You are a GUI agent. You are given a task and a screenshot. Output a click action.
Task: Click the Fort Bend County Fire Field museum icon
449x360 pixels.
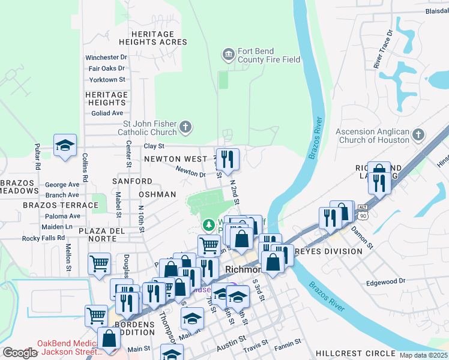pos(228,55)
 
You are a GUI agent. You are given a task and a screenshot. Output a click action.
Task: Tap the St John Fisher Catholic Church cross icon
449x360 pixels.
pos(185,127)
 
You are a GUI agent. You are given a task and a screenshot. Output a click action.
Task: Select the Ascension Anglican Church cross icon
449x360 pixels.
pos(418,136)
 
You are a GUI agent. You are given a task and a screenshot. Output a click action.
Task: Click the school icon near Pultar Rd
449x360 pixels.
pos(65,145)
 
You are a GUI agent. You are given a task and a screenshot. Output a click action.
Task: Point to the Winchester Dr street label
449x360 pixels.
pos(106,58)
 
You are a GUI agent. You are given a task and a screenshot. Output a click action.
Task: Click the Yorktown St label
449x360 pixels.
pos(107,79)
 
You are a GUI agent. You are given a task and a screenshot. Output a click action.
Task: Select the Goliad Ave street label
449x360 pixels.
pos(106,113)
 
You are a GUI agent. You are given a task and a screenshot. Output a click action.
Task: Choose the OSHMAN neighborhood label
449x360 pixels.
pos(157,194)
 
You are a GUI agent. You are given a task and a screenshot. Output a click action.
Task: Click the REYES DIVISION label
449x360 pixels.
pos(334,251)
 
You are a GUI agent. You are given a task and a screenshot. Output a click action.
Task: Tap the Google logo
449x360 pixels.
pos(20,353)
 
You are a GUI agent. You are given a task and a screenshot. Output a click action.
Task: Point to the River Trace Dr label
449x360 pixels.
pos(383,49)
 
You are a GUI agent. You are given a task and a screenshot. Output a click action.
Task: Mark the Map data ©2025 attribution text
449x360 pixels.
pos(423,355)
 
